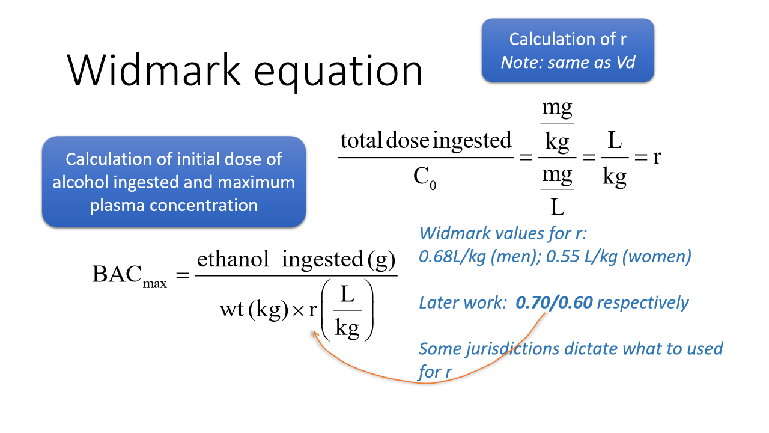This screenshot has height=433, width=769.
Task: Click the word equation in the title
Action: point(338,71)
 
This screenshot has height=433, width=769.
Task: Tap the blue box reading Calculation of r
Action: point(567,50)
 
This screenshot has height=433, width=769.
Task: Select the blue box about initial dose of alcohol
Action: point(174,182)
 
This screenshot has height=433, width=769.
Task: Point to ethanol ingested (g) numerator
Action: point(296,260)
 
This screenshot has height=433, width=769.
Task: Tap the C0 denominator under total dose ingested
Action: point(425,178)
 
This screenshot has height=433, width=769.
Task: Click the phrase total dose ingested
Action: point(426,141)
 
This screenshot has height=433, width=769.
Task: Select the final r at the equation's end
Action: point(657,158)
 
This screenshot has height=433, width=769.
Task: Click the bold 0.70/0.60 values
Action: point(554,302)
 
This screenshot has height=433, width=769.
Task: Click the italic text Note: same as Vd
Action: point(567,62)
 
